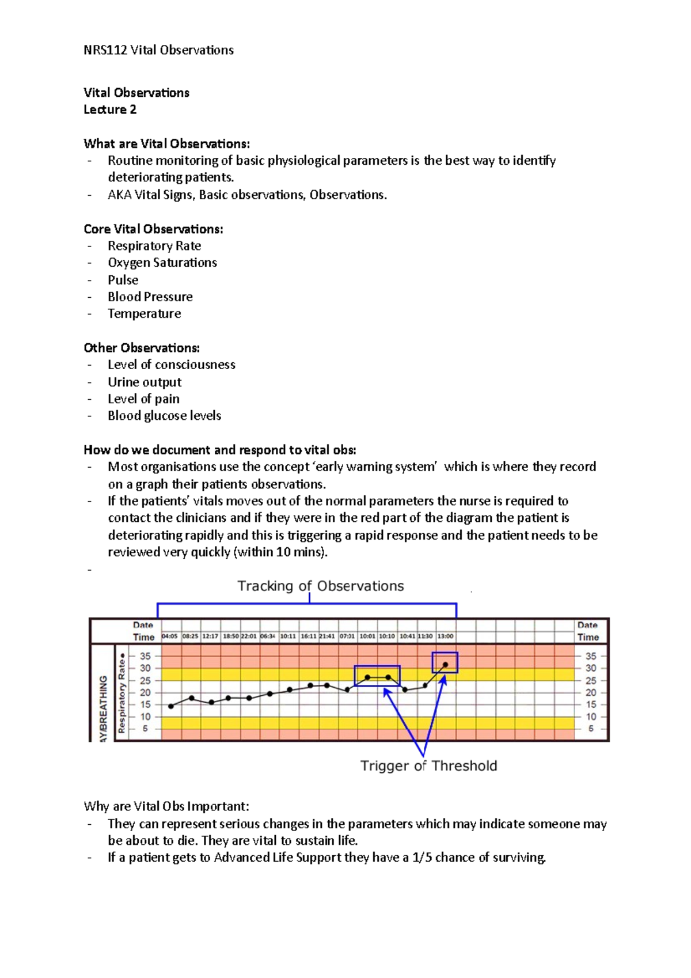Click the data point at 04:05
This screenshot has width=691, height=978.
[x=171, y=706]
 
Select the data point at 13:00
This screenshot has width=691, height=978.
[x=445, y=665]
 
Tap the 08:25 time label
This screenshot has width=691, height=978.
[x=191, y=636]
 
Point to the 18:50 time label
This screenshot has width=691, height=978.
[x=230, y=636]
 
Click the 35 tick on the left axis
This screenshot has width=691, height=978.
[x=145, y=656]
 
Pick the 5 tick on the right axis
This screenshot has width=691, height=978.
[x=591, y=729]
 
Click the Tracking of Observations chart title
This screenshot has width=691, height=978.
[x=321, y=586]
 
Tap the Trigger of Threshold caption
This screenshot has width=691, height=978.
[x=428, y=765]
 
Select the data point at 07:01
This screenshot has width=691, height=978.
[x=347, y=689]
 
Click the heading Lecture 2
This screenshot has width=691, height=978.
[x=110, y=109]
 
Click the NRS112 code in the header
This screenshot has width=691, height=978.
[x=105, y=50]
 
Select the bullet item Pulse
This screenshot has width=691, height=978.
[x=123, y=280]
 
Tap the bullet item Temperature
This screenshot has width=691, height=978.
[x=145, y=314]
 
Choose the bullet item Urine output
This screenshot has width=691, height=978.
[x=145, y=382]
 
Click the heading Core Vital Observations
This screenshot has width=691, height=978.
[x=153, y=229]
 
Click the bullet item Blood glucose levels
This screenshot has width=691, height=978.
[x=164, y=416]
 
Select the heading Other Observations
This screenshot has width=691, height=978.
[x=142, y=348]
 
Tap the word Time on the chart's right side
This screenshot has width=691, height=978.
[x=588, y=637]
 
